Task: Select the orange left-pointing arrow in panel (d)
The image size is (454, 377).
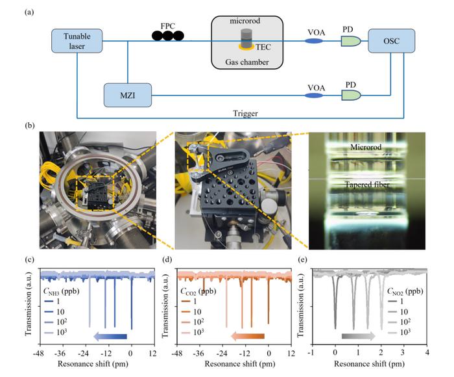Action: (x=247, y=336)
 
